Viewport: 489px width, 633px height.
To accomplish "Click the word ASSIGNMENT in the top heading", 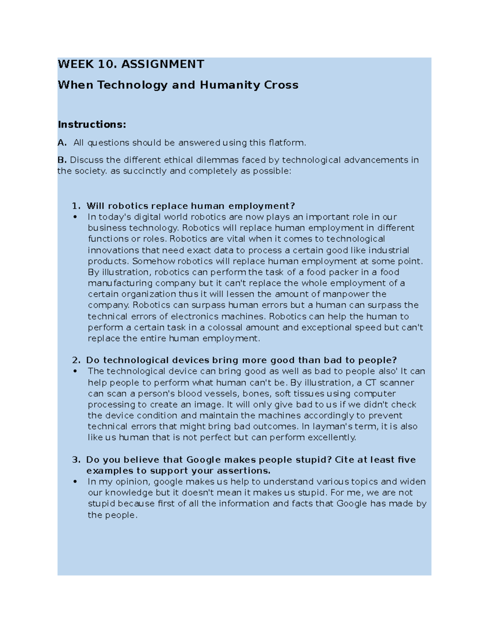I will coord(163,64).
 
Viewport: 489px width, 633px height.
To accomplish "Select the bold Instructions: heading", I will coord(92,124).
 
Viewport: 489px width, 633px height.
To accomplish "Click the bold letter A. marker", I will coord(62,143).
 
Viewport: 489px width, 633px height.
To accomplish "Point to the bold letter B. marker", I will coord(62,160).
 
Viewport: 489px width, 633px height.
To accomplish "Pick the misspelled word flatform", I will coord(287,143).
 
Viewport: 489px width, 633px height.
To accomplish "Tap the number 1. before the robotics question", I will coord(76,206).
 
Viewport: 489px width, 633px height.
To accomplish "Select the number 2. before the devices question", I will coord(76,360).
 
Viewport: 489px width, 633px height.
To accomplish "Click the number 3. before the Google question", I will coord(76,460).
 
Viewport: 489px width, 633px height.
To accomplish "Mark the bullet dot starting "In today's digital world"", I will coord(75,217).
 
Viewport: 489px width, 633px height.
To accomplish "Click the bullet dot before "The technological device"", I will coord(75,371).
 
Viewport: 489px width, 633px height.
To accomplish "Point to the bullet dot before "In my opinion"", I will coord(75,482).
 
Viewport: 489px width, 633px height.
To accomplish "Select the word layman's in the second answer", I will coord(328,426).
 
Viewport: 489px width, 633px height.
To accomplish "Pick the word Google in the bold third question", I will coord(203,460).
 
